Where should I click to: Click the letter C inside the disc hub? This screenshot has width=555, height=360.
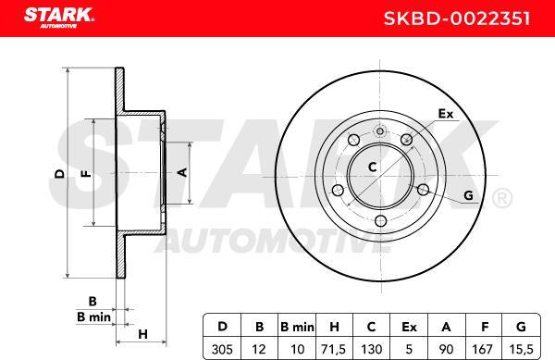pos(372,167)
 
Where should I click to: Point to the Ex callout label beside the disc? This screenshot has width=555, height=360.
pos(445,116)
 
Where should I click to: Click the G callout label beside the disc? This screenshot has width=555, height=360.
pos(468,196)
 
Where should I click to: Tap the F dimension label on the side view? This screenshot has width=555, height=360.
pos(84,173)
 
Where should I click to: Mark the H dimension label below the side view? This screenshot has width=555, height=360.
pos(142,333)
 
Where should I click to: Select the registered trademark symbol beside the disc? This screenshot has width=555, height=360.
pos(499,197)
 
